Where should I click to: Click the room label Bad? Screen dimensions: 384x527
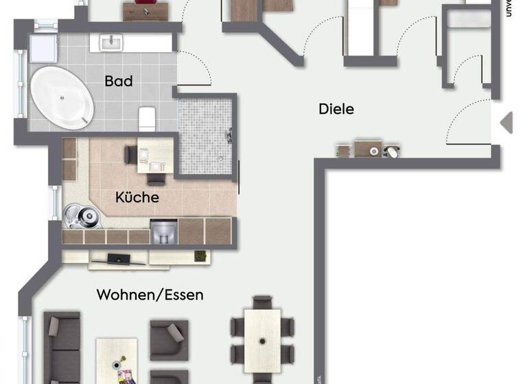tap(119, 81)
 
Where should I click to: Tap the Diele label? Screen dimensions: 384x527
tap(336, 108)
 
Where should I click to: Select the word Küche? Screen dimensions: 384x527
tap(137, 197)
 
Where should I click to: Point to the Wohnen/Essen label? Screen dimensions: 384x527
tap(150, 295)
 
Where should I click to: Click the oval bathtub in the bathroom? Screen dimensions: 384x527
tap(62, 97)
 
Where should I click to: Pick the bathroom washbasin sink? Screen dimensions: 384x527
tap(110, 43)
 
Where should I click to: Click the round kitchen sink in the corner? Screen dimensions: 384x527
tap(82, 216)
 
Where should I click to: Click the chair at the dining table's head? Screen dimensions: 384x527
tap(262, 302)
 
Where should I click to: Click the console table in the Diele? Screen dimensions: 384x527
tap(368, 149)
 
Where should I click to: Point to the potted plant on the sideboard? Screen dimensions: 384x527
tap(200, 256)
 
